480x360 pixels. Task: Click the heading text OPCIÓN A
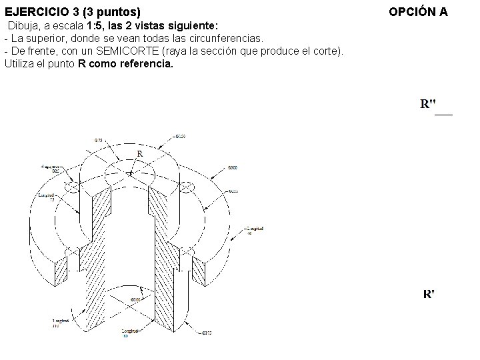click(x=418, y=12)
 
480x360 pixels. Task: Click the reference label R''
click(x=429, y=104)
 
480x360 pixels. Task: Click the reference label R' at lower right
click(x=429, y=294)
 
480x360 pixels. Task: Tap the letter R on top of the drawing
click(x=139, y=154)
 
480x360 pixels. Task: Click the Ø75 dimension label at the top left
click(x=98, y=141)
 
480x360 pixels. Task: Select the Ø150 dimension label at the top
click(x=179, y=137)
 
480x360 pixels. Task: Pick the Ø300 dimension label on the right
click(x=233, y=167)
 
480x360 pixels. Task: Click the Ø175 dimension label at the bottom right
click(x=206, y=332)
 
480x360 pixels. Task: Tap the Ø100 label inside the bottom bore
click(x=135, y=300)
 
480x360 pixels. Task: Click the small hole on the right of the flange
click(x=188, y=187)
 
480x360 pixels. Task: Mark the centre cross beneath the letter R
click(x=131, y=173)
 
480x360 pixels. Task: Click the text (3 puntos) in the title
click(x=113, y=12)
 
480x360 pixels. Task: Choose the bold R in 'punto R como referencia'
click(x=81, y=64)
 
